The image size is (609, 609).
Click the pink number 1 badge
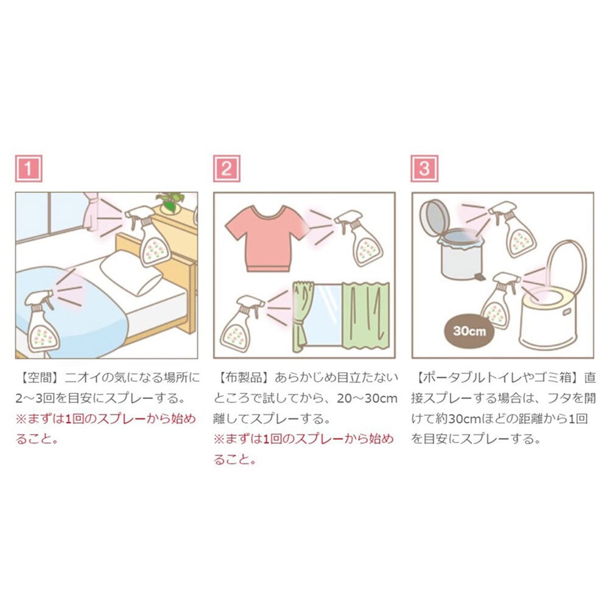pyautogui.click(x=29, y=169)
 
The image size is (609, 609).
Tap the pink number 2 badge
pyautogui.click(x=227, y=169)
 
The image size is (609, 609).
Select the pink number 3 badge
pyautogui.click(x=424, y=169)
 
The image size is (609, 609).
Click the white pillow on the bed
pyautogui.click(x=132, y=272)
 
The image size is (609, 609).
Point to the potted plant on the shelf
pyautogui.click(x=171, y=202)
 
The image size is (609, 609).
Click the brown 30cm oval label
pyautogui.click(x=469, y=331)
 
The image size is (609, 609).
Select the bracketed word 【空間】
pyautogui.click(x=40, y=377)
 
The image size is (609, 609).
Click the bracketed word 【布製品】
pyautogui.click(x=244, y=377)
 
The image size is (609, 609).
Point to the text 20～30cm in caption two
pyautogui.click(x=367, y=398)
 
